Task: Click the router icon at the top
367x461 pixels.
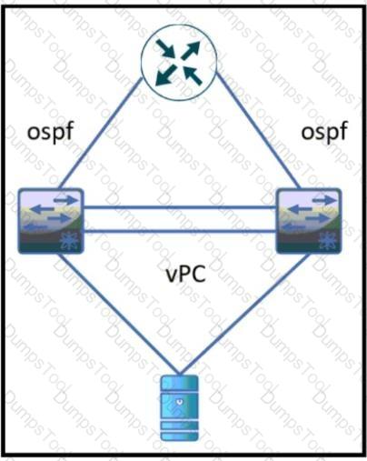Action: click(x=179, y=63)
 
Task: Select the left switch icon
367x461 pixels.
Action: click(x=51, y=221)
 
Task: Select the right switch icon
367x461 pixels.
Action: click(x=310, y=221)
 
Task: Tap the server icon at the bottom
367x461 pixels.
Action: click(x=180, y=408)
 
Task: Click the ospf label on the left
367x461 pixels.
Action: click(x=51, y=132)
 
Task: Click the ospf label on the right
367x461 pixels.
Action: click(x=324, y=132)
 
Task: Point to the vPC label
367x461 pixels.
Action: click(x=186, y=274)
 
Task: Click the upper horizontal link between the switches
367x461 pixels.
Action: click(x=180, y=207)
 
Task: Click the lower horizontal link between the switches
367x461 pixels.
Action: click(x=180, y=232)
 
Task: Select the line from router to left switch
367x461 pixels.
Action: click(x=102, y=134)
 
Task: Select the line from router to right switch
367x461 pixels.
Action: click(x=258, y=131)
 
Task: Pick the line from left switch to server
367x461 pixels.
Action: click(x=118, y=314)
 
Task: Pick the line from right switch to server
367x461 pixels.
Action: click(x=244, y=314)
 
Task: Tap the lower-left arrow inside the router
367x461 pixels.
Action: click(x=165, y=75)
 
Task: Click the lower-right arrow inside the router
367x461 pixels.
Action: click(x=192, y=75)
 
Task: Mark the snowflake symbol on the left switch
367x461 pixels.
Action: click(x=69, y=242)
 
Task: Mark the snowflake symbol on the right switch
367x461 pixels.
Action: click(x=327, y=242)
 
